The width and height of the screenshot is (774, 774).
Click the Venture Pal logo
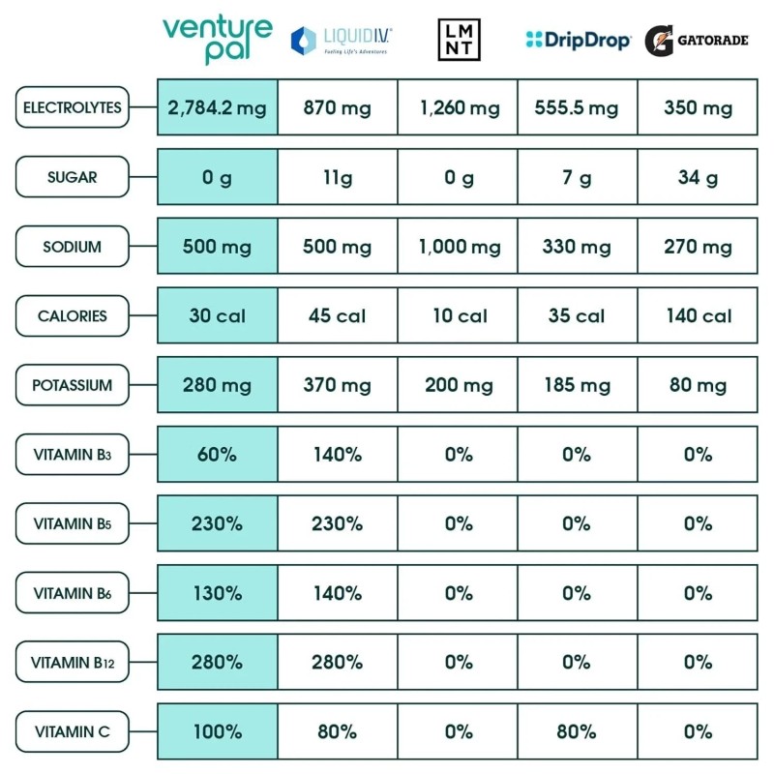coord(218,40)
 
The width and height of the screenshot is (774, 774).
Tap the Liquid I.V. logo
coord(342,40)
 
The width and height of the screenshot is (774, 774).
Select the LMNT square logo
coord(459,41)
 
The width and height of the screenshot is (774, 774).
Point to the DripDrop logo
coord(578,40)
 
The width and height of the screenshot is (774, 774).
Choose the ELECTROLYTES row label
coord(72,107)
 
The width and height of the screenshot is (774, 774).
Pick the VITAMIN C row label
coord(72,731)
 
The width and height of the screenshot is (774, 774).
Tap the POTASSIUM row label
coord(72,385)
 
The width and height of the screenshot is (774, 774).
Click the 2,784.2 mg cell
coord(218,107)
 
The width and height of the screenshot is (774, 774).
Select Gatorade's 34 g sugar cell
coord(698,178)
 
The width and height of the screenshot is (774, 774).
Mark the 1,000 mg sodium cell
coord(459,247)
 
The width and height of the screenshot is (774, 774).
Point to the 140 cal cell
coord(698,316)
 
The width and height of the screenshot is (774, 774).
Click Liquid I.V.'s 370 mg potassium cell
coord(337,385)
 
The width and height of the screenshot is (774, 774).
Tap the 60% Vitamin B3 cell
coord(218,455)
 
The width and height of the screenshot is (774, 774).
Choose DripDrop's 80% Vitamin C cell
coord(577,731)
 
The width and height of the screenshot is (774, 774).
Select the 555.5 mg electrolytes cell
coord(577,107)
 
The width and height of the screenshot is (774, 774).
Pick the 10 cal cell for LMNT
coord(459,316)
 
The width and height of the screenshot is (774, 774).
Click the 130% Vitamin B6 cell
coord(218,593)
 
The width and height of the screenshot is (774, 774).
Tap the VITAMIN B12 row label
coord(72,663)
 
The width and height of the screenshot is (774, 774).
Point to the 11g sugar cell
coord(337,178)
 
